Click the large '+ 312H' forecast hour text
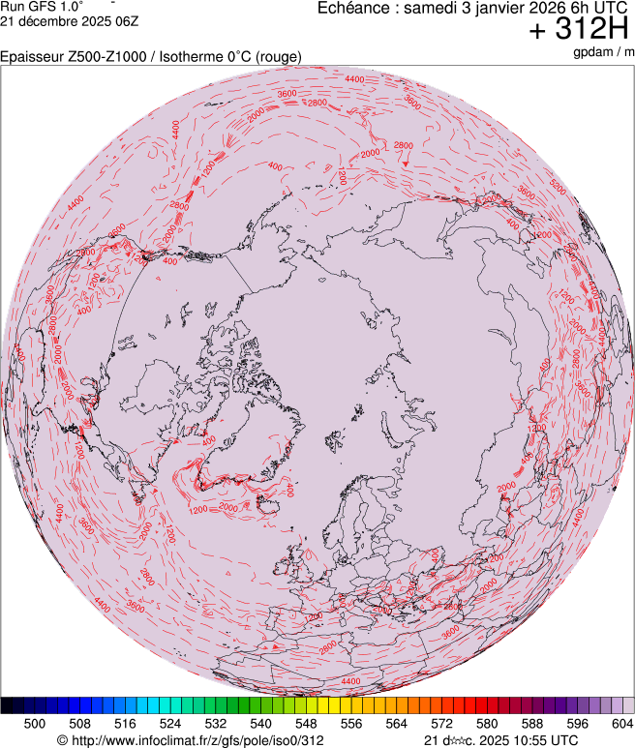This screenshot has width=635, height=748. tap(579, 30)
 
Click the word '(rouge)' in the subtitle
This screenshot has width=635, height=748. tap(277, 57)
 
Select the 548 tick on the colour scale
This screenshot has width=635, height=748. tap(305, 723)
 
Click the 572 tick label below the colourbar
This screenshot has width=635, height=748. tap(440, 723)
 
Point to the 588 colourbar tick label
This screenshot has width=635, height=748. tap(531, 723)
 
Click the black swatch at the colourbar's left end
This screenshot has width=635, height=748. tap(7, 705)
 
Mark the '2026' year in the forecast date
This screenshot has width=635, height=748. tap(540, 8)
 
